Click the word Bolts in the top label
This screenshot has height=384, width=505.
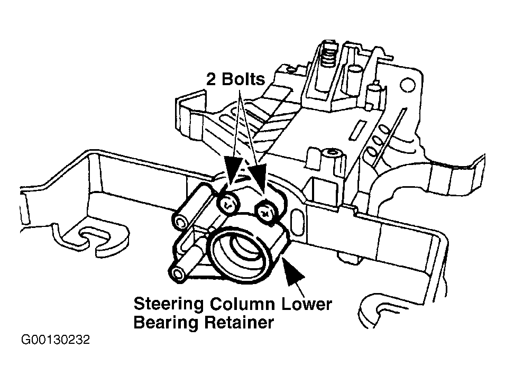pyautogui.click(x=243, y=79)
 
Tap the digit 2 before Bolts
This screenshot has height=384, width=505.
pyautogui.click(x=211, y=79)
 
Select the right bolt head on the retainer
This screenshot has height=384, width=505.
pyautogui.click(x=267, y=212)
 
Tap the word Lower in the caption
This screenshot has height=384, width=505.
pyautogui.click(x=307, y=304)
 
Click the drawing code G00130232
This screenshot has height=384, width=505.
pyautogui.click(x=56, y=340)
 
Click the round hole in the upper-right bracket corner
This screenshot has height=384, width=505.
pyautogui.click(x=407, y=85)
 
